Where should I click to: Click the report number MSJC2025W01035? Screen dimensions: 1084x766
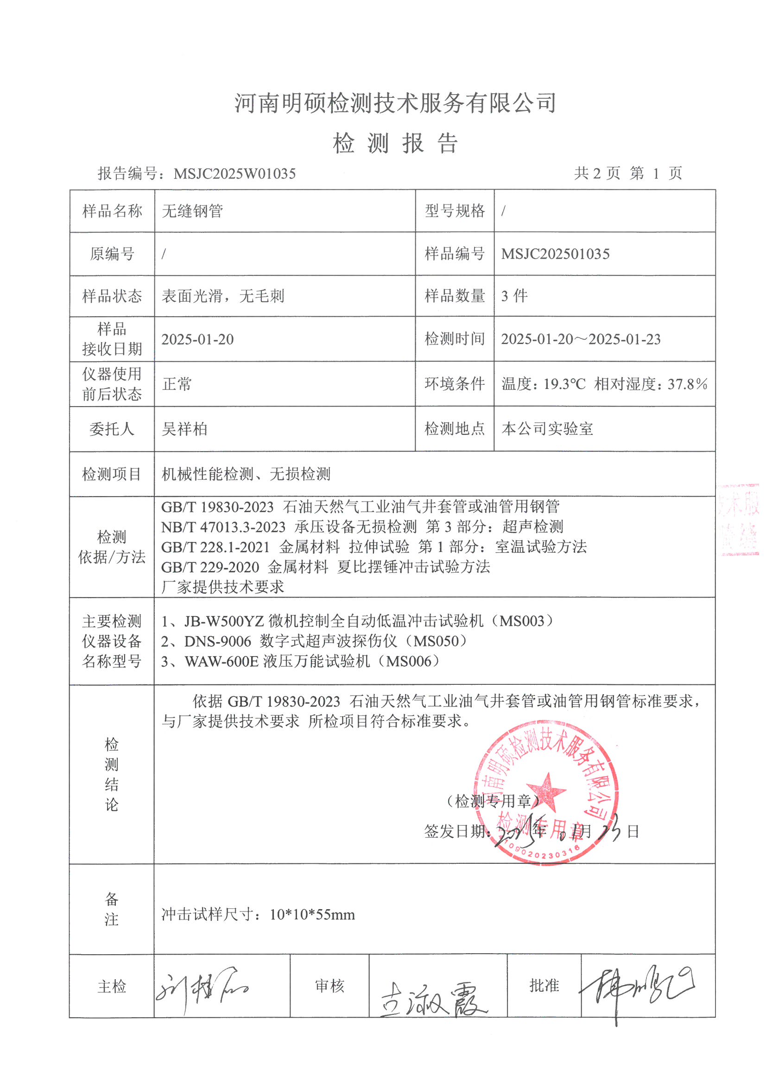(234, 174)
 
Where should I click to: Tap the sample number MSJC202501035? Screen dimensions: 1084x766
(555, 254)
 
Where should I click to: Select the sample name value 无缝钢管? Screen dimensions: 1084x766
(193, 211)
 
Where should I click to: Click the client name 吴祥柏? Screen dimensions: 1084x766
(184, 429)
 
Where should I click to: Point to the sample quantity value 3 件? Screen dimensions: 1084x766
(514, 296)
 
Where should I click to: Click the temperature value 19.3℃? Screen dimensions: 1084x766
(564, 384)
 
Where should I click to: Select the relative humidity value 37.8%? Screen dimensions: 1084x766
(687, 384)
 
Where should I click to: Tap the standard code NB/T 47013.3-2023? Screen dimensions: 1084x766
(223, 527)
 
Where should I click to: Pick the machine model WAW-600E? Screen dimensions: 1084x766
(222, 661)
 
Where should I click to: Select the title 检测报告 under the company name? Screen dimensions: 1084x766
(395, 143)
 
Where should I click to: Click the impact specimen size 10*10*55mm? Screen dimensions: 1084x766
(312, 914)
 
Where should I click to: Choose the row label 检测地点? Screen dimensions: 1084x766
(455, 429)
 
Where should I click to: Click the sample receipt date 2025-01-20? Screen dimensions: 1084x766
(197, 339)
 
